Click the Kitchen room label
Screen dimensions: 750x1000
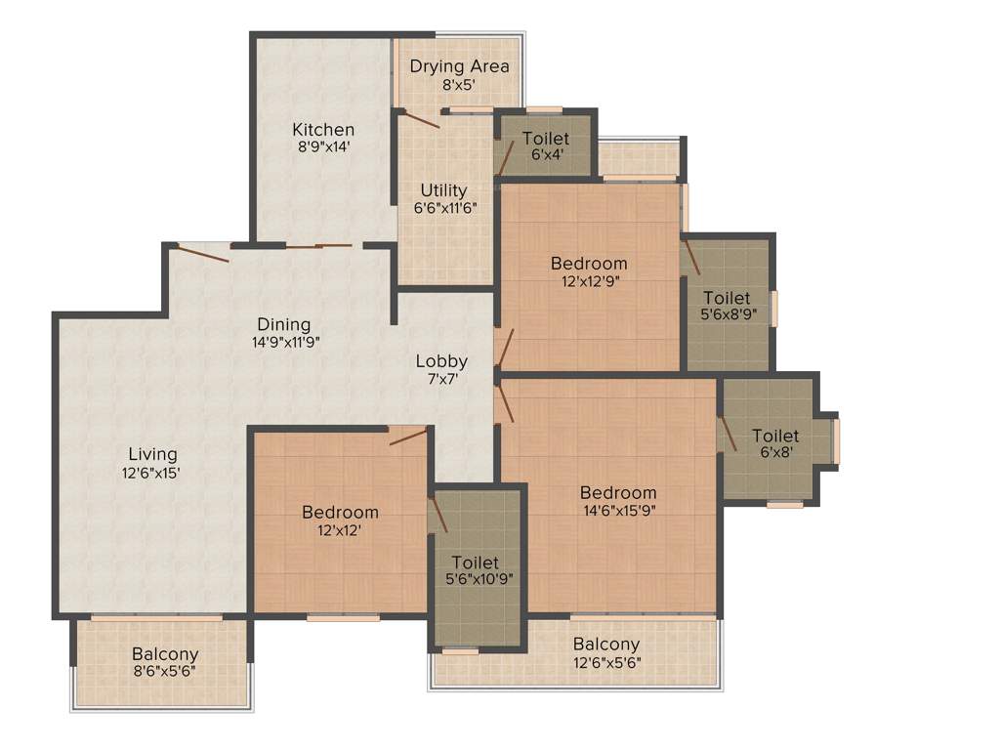tap(323, 130)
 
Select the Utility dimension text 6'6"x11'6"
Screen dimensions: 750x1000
tap(443, 207)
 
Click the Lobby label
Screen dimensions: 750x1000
tap(441, 360)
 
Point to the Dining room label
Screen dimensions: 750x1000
tap(283, 324)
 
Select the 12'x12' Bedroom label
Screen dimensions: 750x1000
tap(340, 513)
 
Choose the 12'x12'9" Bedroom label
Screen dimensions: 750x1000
tap(588, 264)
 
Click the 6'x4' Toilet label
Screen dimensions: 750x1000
tap(545, 139)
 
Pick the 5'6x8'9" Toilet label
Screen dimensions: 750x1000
tap(727, 298)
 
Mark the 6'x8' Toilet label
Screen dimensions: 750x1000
tap(774, 436)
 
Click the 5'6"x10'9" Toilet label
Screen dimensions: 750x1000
tap(476, 563)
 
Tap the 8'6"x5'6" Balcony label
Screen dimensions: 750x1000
tap(165, 654)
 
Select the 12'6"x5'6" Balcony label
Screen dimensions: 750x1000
tap(605, 645)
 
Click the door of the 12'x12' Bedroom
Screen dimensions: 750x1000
tap(408, 436)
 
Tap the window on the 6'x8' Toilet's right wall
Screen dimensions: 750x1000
tap(836, 439)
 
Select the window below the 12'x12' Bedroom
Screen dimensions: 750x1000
tap(343, 617)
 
